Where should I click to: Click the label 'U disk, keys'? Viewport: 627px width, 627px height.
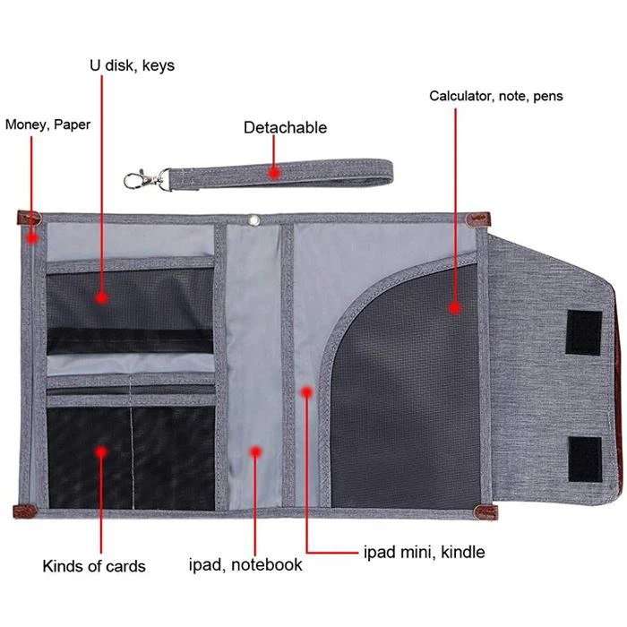click(x=132, y=65)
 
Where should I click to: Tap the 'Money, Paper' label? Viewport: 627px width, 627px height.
click(x=47, y=125)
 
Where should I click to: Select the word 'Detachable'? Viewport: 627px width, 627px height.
click(x=285, y=127)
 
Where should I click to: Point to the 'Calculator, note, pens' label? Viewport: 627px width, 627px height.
click(x=496, y=96)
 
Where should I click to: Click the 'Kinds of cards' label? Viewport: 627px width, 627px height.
click(x=94, y=566)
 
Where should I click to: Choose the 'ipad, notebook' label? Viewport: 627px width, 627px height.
click(x=245, y=564)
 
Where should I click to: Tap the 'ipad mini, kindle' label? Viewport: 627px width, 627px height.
click(x=425, y=553)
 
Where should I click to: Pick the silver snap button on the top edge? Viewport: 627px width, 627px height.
click(x=253, y=219)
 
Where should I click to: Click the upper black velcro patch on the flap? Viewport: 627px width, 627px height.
click(x=584, y=332)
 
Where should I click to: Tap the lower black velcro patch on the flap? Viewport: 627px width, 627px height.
click(x=585, y=459)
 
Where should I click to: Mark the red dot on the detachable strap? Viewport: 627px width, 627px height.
click(x=274, y=173)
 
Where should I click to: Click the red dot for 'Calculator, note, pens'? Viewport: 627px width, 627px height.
click(x=455, y=307)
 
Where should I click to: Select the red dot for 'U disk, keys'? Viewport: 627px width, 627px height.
click(x=101, y=297)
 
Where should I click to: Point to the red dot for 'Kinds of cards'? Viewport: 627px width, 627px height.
click(x=101, y=451)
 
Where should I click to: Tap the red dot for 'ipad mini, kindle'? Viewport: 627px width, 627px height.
click(x=306, y=392)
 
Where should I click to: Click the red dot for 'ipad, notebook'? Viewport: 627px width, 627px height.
click(x=255, y=451)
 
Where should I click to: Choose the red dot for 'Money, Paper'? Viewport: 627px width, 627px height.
click(x=32, y=238)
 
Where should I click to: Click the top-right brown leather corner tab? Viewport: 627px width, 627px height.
click(x=478, y=219)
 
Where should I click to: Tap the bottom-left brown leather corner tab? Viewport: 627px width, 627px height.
click(x=25, y=511)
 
